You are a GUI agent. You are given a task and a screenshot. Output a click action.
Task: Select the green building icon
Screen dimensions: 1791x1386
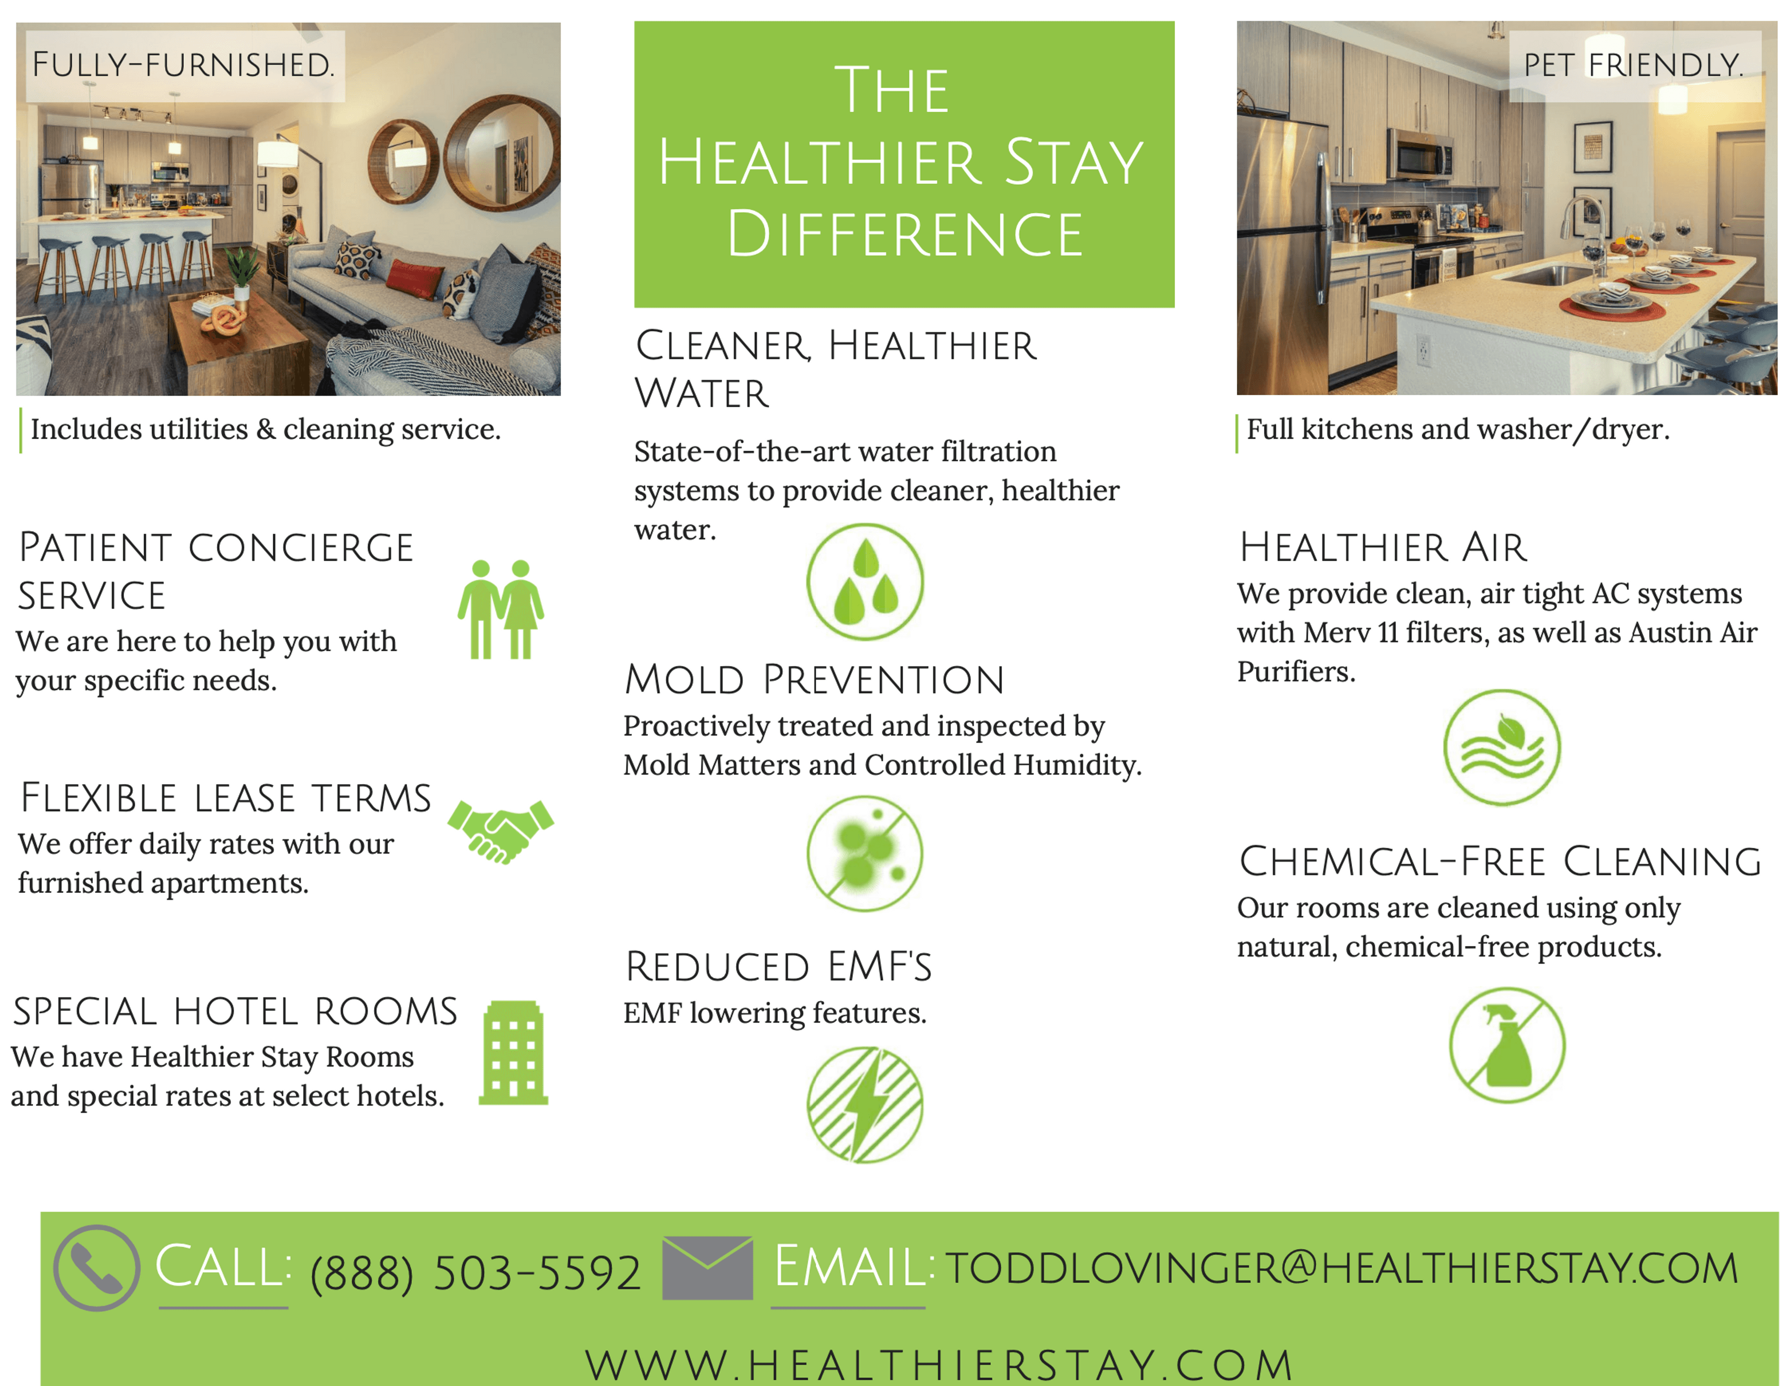[514, 1053]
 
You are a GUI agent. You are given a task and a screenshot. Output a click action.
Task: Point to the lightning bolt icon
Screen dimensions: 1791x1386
[865, 1104]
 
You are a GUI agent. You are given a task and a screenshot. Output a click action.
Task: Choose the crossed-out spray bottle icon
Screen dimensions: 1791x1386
[1507, 1045]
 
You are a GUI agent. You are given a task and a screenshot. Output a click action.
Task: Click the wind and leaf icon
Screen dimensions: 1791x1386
[1502, 747]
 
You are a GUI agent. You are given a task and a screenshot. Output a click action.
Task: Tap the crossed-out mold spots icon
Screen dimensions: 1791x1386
[865, 853]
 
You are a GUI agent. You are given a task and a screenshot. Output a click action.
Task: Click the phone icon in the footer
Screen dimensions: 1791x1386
[97, 1268]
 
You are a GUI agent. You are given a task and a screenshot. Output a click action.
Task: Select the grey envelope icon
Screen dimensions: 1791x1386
[707, 1268]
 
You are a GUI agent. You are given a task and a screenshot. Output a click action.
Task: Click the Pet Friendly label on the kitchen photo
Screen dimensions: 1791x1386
[1633, 65]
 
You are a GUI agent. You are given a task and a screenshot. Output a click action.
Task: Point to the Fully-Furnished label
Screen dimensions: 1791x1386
[184, 65]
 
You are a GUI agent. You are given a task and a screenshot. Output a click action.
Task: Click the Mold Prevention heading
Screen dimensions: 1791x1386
[814, 680]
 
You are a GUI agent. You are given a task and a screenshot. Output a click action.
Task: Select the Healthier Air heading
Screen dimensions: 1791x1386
[1382, 547]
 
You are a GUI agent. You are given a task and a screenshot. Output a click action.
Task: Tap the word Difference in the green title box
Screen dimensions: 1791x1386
[904, 234]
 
